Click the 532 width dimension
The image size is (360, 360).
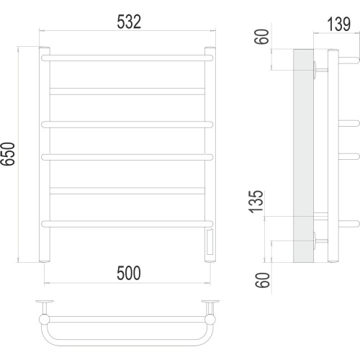(129, 22)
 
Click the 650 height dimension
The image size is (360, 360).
(8, 154)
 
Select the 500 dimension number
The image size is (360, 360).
(129, 273)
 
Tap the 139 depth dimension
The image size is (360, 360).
(338, 24)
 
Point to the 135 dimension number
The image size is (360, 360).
(256, 202)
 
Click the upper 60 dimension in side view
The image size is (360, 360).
(261, 37)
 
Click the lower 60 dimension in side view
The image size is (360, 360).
(262, 280)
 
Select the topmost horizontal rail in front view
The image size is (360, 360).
(127, 58)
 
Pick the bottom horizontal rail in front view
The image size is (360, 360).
(127, 224)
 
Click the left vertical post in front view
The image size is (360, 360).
(45, 154)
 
